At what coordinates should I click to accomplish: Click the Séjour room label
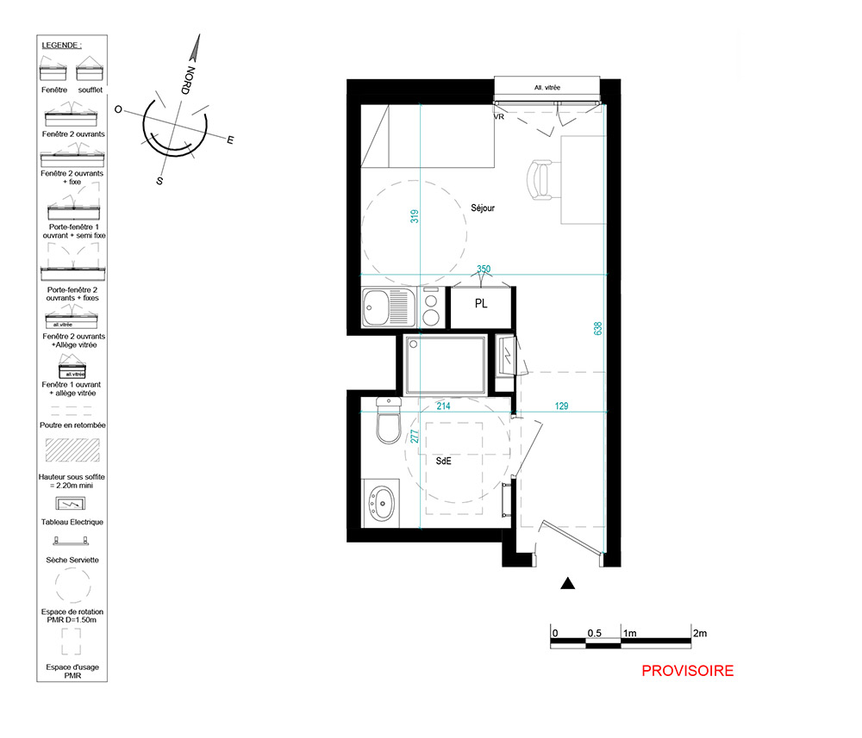(x=483, y=208)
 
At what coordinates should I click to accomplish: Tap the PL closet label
(x=481, y=304)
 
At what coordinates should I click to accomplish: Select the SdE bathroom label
(x=444, y=462)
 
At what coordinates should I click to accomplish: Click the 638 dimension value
(x=597, y=328)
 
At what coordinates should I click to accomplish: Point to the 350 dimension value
(x=484, y=269)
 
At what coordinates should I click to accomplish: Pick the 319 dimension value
(x=415, y=216)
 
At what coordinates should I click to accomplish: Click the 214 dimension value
(x=444, y=406)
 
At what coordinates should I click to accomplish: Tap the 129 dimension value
(x=561, y=406)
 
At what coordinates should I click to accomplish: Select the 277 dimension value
(x=415, y=437)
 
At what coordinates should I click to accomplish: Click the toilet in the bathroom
(x=389, y=421)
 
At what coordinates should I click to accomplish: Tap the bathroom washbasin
(x=382, y=503)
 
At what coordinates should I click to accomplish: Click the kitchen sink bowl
(x=376, y=307)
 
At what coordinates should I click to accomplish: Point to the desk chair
(x=541, y=180)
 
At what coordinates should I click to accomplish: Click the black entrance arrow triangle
(x=568, y=584)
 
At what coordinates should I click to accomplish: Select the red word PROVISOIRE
(x=688, y=671)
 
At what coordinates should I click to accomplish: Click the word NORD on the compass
(x=188, y=80)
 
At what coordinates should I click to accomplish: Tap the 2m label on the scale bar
(x=700, y=633)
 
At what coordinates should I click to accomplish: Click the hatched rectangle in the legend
(x=72, y=450)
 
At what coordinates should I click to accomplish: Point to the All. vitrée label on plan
(x=547, y=87)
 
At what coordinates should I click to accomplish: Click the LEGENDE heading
(x=61, y=45)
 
